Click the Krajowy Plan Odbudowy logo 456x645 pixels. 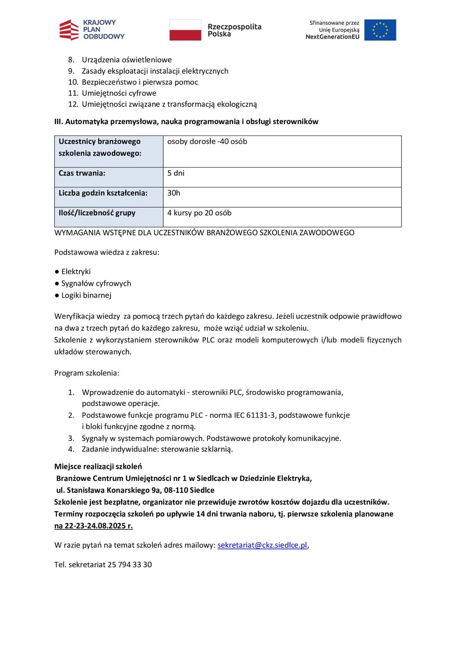click(92, 30)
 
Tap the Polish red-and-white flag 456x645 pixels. click(185, 30)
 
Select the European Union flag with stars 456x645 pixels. click(380, 30)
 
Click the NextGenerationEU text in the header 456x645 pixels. click(332, 37)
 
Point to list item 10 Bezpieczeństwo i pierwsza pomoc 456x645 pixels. click(139, 82)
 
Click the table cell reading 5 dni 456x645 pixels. click(176, 173)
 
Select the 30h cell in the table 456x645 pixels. click(174, 193)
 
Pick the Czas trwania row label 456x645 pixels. click(82, 173)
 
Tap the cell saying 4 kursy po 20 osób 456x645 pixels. click(199, 213)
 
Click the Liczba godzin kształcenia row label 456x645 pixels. click(103, 193)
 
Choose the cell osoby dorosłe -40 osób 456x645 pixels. click(207, 141)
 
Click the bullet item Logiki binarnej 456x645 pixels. click(86, 295)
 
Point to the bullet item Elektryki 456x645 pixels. click(76, 271)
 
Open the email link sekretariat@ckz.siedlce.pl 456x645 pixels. click(262, 545)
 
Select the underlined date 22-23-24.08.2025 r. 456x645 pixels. click(98, 526)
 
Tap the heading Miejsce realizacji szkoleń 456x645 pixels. click(98, 466)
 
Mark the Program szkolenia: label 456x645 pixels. click(87, 373)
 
